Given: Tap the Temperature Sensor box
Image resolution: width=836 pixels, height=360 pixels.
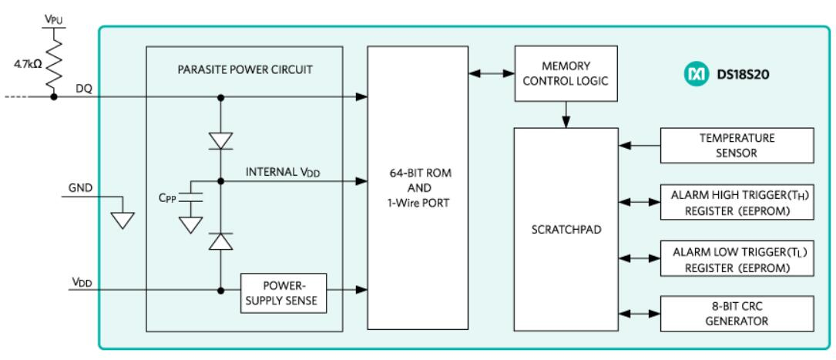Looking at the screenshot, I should point(737,146).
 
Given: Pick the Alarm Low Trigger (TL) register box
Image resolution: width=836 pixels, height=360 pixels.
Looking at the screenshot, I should point(737,257).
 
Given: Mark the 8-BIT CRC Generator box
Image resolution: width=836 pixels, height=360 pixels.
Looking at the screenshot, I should point(737,313).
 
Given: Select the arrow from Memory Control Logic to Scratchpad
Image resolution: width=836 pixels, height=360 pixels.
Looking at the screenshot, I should point(566,115).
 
